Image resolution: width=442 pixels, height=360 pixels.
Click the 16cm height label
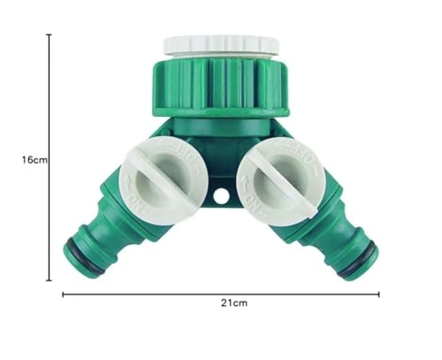tap(35, 160)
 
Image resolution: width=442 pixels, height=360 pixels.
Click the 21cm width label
tap(234, 303)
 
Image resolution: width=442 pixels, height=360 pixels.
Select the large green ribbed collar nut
tap(221, 86)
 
